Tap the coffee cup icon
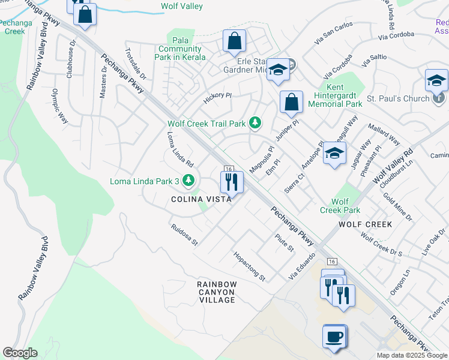(334, 336)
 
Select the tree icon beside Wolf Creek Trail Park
(256, 124)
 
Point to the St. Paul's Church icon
(440, 98)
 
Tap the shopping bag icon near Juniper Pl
(291, 102)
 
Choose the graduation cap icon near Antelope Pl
(334, 154)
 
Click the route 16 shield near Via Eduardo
(331, 262)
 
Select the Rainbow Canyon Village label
(217, 292)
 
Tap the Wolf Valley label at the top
(182, 7)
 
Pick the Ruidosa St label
(184, 235)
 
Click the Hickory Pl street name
(217, 98)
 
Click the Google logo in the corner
(20, 353)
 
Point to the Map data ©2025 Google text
(411, 355)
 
